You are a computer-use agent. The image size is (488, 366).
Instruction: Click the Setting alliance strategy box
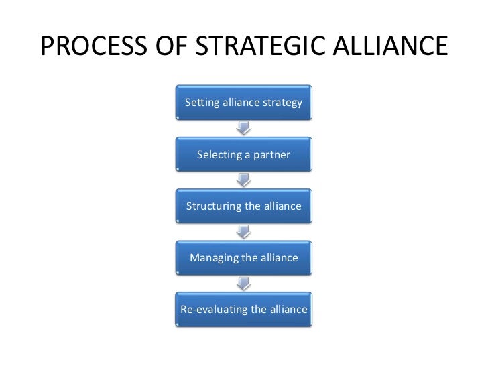pos(243,103)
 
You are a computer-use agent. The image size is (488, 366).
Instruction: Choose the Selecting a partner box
pos(243,154)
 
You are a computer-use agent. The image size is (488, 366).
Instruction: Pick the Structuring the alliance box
pos(243,206)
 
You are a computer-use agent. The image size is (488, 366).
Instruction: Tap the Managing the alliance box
pos(243,257)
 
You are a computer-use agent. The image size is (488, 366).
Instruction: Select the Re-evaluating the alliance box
pos(243,309)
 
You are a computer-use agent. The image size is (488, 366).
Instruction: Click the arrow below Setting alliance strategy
pos(244,128)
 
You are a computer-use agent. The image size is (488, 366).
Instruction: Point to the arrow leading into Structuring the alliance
pos(244,180)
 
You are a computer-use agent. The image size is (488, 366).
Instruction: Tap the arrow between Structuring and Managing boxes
pos(244,231)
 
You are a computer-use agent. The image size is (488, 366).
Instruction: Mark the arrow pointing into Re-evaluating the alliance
pos(244,283)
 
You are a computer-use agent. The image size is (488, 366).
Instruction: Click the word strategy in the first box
pos(282,103)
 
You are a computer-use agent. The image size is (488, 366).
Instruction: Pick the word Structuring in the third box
pos(214,206)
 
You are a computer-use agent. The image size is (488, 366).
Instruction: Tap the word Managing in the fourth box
pos(215,258)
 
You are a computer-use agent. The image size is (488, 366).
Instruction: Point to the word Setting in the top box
pos(200,103)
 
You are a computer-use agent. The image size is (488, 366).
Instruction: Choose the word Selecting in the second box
pos(220,155)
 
